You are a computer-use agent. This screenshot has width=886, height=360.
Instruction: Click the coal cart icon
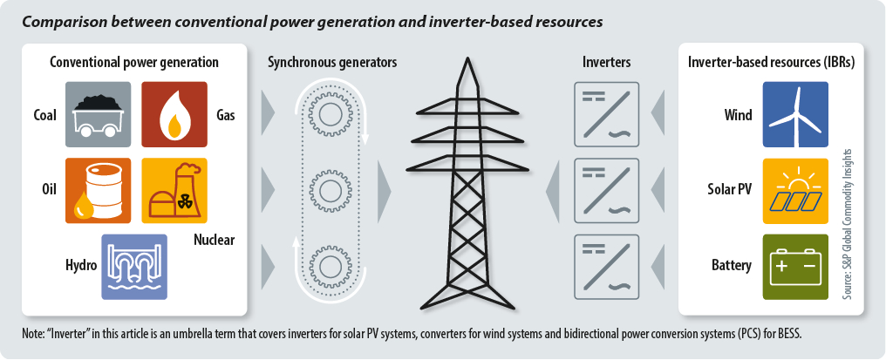98,114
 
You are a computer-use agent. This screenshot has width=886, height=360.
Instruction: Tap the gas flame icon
174,114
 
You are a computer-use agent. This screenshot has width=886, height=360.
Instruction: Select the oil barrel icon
98,190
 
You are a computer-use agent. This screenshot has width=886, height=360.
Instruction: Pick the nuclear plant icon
174,190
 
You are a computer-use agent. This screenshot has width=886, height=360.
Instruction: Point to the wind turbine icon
795,114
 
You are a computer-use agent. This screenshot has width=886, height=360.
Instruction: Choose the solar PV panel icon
795,190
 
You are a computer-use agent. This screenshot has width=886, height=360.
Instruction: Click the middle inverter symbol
607,189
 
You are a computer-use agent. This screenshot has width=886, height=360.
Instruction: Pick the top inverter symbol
607,113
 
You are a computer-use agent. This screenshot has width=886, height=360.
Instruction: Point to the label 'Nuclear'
214,241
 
